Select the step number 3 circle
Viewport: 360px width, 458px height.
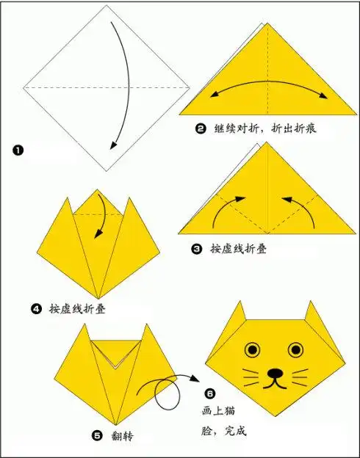197,249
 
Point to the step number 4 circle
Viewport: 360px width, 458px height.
36,308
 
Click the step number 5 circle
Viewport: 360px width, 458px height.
98,435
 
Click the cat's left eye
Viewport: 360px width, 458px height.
254,349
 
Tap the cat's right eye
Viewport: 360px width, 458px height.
296,349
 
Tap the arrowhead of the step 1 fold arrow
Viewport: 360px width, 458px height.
112,145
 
